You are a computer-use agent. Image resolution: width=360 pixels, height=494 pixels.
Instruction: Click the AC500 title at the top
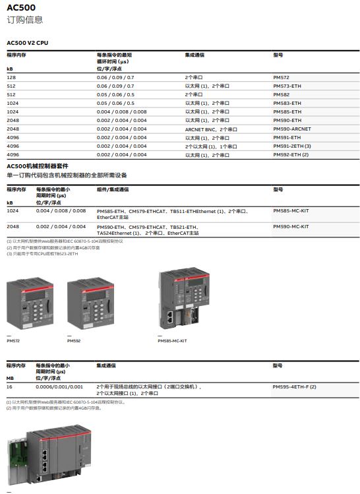point(21,8)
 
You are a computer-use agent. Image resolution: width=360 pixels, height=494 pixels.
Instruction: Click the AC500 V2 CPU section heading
point(27,43)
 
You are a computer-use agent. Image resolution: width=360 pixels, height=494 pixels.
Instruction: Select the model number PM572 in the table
point(281,77)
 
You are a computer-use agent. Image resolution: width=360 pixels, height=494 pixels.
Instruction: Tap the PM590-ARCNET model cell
point(291,129)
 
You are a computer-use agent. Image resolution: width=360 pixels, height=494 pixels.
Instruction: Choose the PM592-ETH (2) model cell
point(290,154)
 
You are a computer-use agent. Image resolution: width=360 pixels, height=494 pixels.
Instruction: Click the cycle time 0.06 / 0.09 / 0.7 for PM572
point(115,77)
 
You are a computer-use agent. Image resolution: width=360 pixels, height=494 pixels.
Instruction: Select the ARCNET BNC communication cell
point(211,129)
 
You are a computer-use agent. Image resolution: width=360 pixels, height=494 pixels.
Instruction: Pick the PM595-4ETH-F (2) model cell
point(294,386)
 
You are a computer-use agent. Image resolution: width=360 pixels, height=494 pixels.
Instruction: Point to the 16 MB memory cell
point(9,386)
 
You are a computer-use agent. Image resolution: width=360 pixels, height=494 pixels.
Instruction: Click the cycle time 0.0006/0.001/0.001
point(59,386)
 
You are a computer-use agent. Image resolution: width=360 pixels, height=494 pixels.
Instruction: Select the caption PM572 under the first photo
point(13,341)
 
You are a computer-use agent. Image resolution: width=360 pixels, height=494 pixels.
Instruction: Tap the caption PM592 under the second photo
point(74,341)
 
